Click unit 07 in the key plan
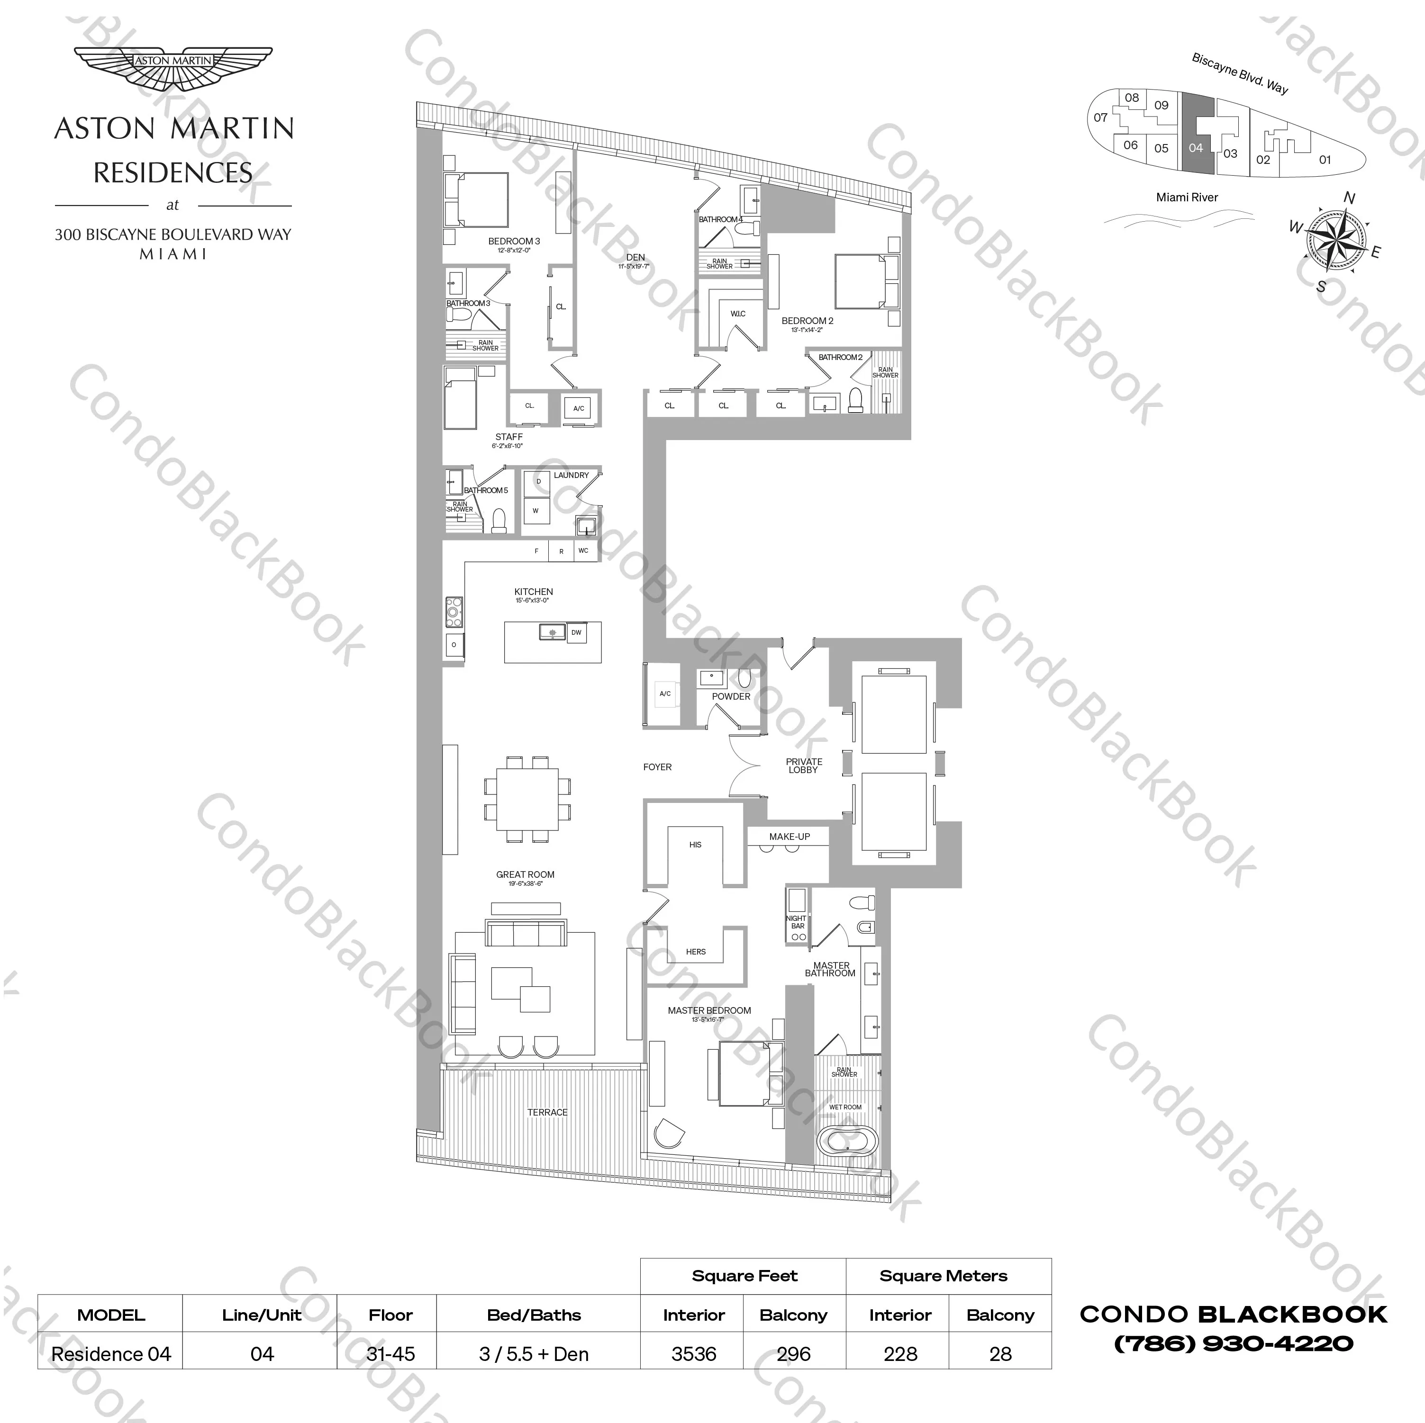(x=1100, y=117)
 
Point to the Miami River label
(x=1187, y=197)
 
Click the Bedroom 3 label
(x=514, y=241)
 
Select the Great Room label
(x=525, y=874)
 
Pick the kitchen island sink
(x=552, y=632)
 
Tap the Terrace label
(x=547, y=1112)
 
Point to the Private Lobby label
(x=803, y=766)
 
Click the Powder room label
(x=731, y=696)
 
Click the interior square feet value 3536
(x=693, y=1354)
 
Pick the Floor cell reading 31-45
(x=390, y=1354)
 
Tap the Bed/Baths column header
(x=534, y=1315)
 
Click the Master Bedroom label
(x=709, y=1010)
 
